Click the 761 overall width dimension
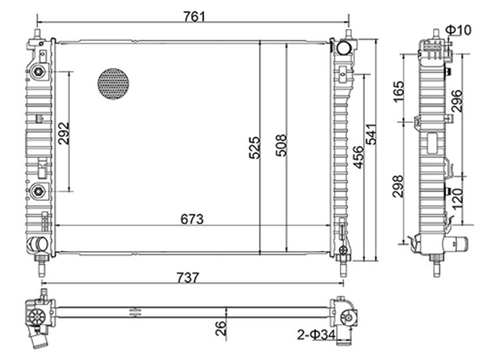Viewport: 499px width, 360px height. [x=194, y=17]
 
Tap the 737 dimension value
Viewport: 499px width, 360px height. [x=188, y=278]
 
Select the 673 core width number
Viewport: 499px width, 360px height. [x=192, y=219]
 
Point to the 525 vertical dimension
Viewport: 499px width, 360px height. [x=254, y=147]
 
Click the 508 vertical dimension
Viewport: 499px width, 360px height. [x=281, y=145]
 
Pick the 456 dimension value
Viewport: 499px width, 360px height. [x=358, y=157]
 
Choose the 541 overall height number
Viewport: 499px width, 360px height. [x=371, y=134]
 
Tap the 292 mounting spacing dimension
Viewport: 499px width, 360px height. [x=64, y=133]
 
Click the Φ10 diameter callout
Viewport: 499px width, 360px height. [x=459, y=30]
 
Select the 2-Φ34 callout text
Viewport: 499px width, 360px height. [x=317, y=341]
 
